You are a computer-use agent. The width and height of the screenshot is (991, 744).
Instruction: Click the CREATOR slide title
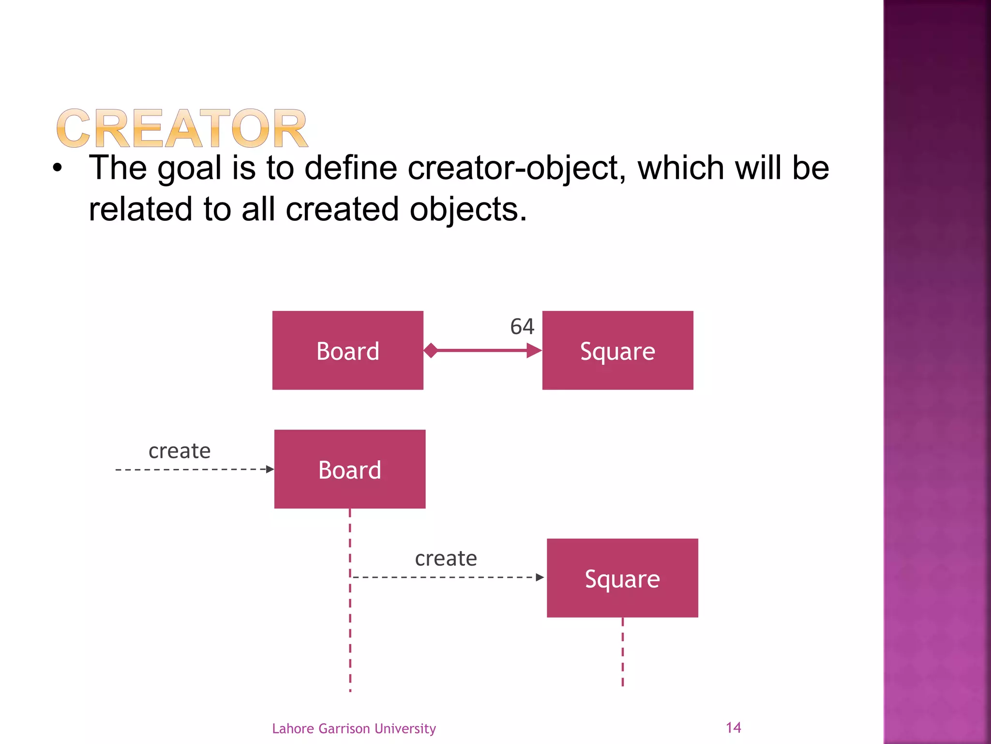(x=182, y=128)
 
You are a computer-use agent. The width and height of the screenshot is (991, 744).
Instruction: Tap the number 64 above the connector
(x=522, y=326)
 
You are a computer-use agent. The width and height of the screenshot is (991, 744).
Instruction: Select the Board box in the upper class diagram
(x=347, y=350)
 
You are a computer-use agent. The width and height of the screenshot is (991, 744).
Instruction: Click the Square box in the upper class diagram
(x=617, y=350)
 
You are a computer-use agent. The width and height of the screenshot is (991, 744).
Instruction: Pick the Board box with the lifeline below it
(x=350, y=469)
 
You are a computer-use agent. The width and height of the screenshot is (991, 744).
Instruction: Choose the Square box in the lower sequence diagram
(x=622, y=578)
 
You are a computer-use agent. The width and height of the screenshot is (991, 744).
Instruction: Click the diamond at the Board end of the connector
(x=431, y=350)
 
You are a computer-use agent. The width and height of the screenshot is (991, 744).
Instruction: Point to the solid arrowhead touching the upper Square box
(x=534, y=350)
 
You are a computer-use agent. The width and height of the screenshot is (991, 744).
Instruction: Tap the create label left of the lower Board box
(x=180, y=451)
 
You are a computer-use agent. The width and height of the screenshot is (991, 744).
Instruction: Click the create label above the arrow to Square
(x=446, y=558)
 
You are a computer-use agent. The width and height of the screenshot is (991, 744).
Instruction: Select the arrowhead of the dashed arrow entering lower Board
(x=270, y=469)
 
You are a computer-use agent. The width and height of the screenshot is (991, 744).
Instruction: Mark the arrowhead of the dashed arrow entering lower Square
(x=540, y=577)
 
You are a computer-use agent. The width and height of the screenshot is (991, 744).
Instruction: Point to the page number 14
(x=733, y=728)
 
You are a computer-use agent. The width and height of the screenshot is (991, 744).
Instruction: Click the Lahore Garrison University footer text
(x=354, y=728)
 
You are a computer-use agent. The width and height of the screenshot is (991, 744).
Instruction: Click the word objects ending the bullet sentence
(x=468, y=210)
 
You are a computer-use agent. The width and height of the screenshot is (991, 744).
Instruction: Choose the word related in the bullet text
(x=140, y=209)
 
